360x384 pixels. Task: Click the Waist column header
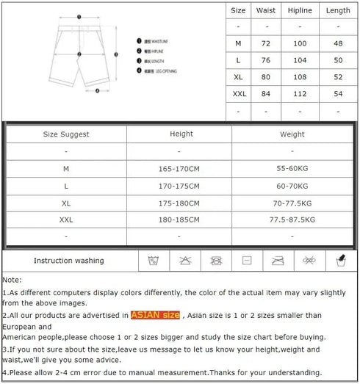pyautogui.click(x=266, y=11)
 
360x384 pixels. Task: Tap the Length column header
pyautogui.click(x=338, y=11)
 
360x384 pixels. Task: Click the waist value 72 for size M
pyautogui.click(x=266, y=44)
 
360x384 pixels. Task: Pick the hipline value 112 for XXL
pyautogui.click(x=300, y=93)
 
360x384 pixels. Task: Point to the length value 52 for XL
pyautogui.click(x=338, y=77)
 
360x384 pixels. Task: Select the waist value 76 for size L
pyautogui.click(x=266, y=60)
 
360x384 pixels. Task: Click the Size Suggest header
pyautogui.click(x=66, y=134)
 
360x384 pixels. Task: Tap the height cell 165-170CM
pyautogui.click(x=179, y=168)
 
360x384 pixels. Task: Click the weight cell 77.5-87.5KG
pyautogui.click(x=292, y=220)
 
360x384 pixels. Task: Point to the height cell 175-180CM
pyautogui.click(x=179, y=203)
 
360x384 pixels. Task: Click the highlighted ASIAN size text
pyautogui.click(x=155, y=315)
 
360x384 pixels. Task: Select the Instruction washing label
pyautogui.click(x=69, y=261)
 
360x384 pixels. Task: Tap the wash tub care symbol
pyautogui.click(x=154, y=261)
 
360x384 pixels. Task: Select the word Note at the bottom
pyautogui.click(x=12, y=280)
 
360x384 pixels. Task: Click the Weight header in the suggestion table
pyautogui.click(x=292, y=134)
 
